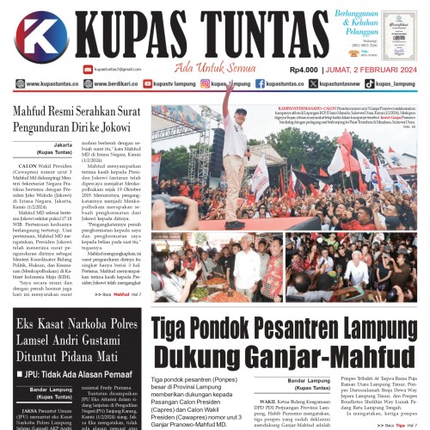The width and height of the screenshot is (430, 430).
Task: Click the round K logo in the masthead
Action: pos(40,39)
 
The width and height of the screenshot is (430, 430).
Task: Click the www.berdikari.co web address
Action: pos(97,84)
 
